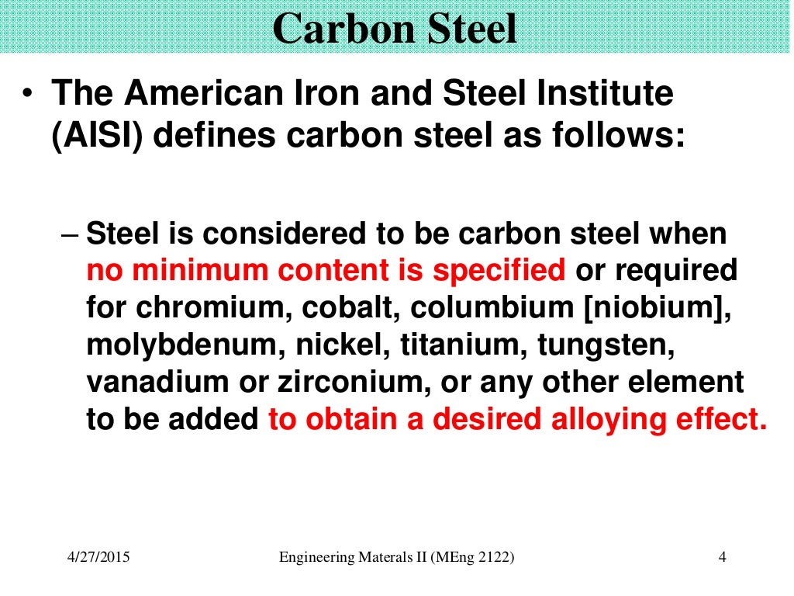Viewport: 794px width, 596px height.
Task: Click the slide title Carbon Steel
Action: pyautogui.click(x=395, y=29)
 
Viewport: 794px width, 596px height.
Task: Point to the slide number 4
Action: pyautogui.click(x=722, y=557)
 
